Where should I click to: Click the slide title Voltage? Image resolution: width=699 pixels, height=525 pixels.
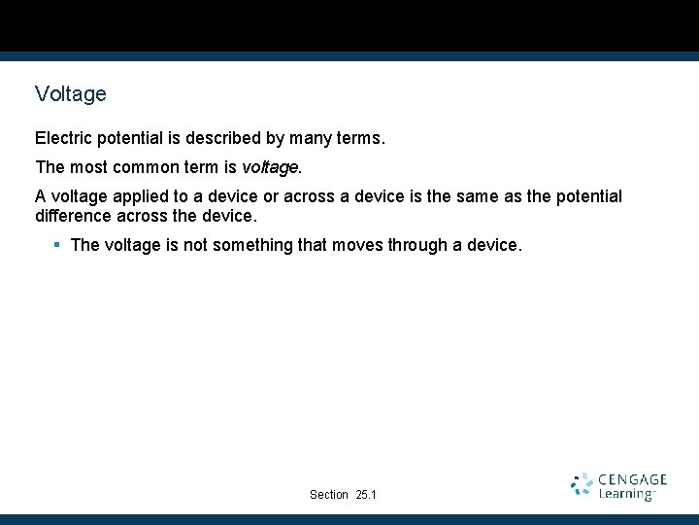coord(70,94)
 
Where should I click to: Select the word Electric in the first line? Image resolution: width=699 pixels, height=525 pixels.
coord(63,139)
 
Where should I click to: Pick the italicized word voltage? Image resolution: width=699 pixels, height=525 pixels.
coord(270,167)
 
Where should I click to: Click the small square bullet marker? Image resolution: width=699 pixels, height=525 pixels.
coord(57,244)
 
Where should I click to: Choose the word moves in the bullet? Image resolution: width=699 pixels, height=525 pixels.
coord(357,245)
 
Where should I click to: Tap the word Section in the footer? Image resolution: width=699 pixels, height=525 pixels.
coord(329,495)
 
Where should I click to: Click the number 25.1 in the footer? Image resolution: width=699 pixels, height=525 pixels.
coord(366,495)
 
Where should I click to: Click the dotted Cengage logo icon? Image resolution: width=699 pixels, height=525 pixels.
coord(582,484)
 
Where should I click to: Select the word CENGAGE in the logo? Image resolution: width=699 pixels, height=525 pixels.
coord(633,479)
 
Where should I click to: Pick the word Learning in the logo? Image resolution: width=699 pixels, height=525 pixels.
coord(626,494)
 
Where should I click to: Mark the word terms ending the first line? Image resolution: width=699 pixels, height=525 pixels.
coord(360,139)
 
